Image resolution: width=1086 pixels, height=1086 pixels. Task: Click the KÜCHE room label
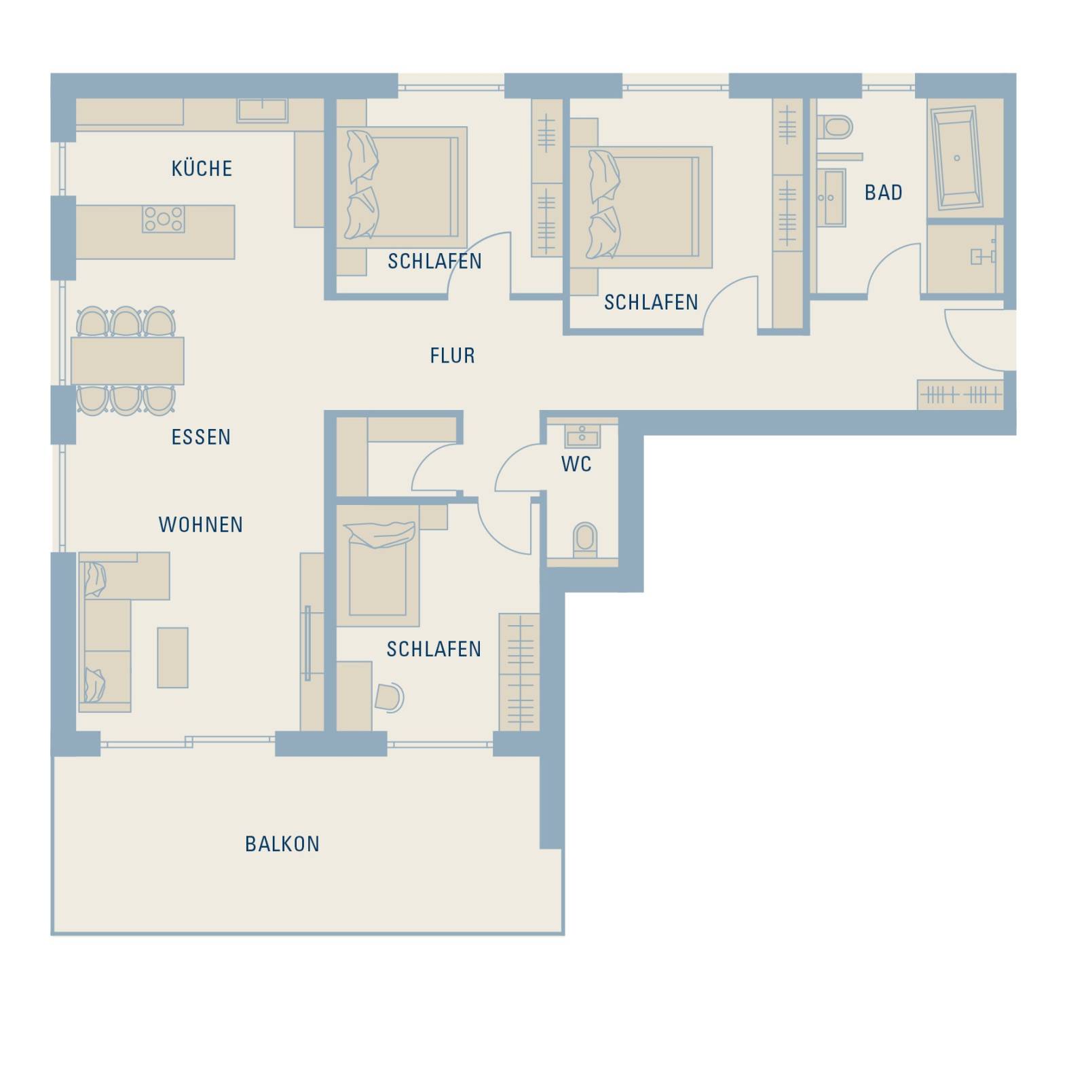[x=202, y=168]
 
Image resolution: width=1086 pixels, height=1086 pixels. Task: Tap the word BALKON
[x=282, y=844]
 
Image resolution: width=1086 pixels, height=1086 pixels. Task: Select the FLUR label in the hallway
[x=453, y=356]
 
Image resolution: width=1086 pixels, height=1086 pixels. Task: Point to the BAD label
[x=884, y=193]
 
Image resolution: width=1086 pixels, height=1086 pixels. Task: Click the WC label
[x=576, y=464]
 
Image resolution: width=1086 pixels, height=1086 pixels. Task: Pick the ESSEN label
[x=201, y=437]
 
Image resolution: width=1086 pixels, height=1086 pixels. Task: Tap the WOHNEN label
[x=201, y=525]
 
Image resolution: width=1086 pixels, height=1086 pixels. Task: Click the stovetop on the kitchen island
[x=163, y=219]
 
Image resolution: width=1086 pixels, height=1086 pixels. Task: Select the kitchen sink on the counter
[x=263, y=111]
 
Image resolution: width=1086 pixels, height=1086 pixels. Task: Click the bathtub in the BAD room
[x=957, y=158]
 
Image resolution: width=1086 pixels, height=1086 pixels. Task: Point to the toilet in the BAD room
[x=835, y=127]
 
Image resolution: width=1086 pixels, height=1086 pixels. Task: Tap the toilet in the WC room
[x=584, y=540]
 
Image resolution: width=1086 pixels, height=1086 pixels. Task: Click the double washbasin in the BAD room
[x=831, y=198]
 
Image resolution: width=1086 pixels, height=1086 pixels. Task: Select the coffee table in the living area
[x=172, y=657]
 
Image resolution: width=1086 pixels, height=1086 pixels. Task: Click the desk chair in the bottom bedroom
[x=389, y=698]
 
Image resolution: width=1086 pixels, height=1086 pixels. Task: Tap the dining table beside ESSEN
[x=128, y=361]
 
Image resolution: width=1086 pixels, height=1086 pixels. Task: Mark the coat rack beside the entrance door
[x=960, y=395]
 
